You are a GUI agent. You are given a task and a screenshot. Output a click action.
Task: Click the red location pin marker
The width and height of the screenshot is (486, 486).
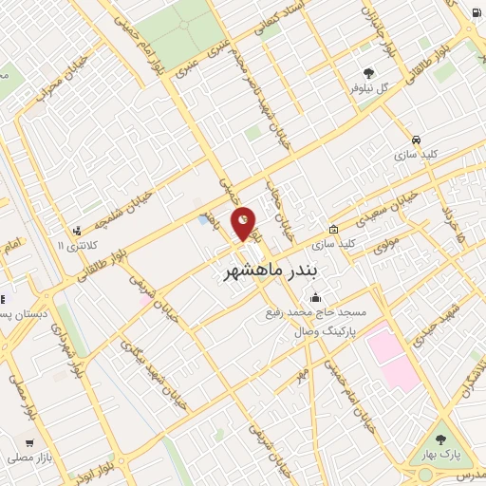coord(244,222)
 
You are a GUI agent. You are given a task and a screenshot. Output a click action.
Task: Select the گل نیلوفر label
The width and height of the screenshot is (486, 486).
coord(370,88)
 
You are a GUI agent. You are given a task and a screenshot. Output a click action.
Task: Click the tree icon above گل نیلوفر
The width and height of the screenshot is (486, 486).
coord(369,72)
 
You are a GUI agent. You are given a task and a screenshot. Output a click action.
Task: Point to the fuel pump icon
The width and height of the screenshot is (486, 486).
coord(474,12)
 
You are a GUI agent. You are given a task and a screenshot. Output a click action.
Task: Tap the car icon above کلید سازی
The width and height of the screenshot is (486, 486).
coord(416,137)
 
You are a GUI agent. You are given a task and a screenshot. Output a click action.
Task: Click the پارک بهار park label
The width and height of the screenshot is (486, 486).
coord(442,454)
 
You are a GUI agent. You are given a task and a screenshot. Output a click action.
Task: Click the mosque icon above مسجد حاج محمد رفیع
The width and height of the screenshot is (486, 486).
coord(316,298)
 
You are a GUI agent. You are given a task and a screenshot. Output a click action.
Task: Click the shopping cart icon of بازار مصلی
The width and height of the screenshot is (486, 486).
coord(29,442)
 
